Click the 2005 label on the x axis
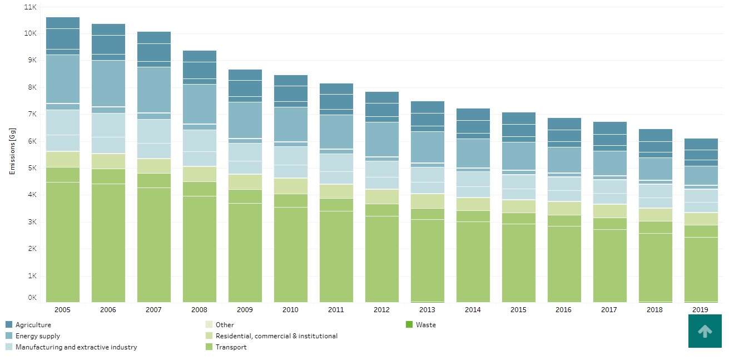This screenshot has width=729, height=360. [62, 310]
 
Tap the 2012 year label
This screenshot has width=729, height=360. [381, 310]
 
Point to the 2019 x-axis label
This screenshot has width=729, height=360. [700, 310]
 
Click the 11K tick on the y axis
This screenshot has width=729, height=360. [31, 7]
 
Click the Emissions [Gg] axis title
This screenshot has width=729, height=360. [12, 154]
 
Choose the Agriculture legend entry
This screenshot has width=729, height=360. [33, 325]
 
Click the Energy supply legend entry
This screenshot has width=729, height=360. [37, 336]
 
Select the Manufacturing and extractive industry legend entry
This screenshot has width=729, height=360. [76, 347]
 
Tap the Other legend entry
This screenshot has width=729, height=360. [225, 325]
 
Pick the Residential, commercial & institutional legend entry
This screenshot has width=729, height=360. [276, 336]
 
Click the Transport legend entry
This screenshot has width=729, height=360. [231, 347]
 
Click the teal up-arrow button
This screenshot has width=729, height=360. [705, 331]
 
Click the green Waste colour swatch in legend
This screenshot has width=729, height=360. [409, 324]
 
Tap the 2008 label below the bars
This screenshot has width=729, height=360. [199, 310]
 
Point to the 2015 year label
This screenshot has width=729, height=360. [518, 310]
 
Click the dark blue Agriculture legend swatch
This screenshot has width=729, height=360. [9, 324]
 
